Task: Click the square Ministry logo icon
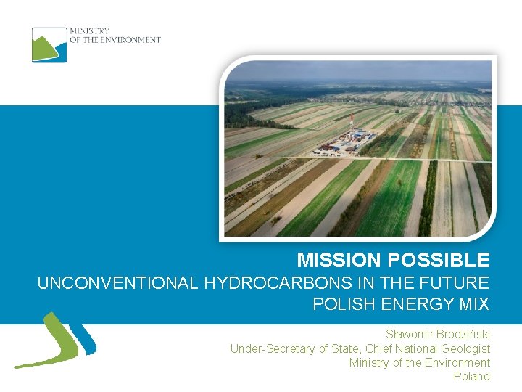click(x=49, y=44)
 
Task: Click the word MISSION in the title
click(x=339, y=260)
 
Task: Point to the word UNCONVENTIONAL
click(x=117, y=283)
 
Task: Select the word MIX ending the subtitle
click(x=476, y=304)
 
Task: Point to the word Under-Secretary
click(x=272, y=348)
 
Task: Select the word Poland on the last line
click(x=472, y=376)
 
